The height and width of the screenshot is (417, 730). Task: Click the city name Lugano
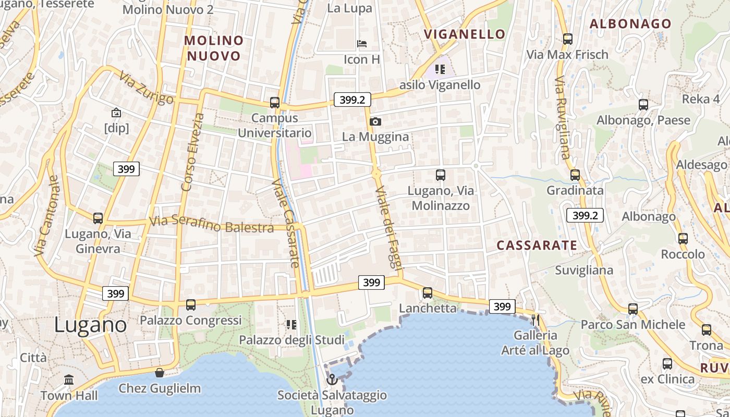tap(90, 325)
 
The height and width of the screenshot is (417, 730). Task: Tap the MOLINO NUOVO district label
tap(214, 48)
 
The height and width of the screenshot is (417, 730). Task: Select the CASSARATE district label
tap(537, 246)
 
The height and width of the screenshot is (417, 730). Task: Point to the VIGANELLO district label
tap(465, 34)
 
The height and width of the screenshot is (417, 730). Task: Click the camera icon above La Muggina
tap(375, 122)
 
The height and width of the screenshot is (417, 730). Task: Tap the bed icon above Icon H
tap(362, 44)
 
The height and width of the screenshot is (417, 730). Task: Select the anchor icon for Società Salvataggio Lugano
tap(332, 379)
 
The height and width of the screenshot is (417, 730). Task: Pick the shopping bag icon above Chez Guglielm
tap(160, 373)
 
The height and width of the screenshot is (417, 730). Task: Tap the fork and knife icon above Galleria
tap(536, 319)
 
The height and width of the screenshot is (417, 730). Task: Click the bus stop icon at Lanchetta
tap(428, 292)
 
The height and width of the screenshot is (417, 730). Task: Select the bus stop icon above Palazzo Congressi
tap(191, 304)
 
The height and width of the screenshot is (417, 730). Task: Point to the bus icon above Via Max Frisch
tap(568, 39)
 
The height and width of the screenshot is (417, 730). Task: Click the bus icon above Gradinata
tap(575, 175)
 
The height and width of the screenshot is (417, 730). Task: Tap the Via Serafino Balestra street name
tap(211, 225)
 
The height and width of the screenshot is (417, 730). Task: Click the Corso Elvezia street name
tap(192, 151)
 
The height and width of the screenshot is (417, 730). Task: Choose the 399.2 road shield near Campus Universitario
tap(352, 100)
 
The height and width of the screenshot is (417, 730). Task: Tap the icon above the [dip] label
tap(116, 112)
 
